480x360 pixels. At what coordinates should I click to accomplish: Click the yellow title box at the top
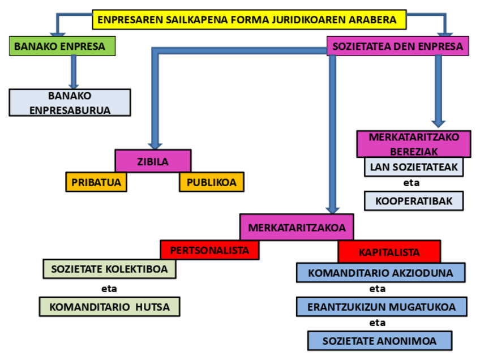click(250, 20)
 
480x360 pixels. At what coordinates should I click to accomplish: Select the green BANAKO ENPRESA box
click(62, 46)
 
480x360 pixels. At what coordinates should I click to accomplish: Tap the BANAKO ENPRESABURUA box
click(70, 102)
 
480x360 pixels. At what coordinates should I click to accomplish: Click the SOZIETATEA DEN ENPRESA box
click(397, 46)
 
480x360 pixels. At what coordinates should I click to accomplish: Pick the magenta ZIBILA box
click(153, 161)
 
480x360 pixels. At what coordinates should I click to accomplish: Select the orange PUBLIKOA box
click(211, 182)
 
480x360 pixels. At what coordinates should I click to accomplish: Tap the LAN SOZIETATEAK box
click(414, 166)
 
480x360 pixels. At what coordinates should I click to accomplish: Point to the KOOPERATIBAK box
click(414, 201)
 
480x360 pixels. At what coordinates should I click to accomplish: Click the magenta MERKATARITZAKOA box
click(297, 228)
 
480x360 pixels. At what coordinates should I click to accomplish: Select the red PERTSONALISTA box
click(209, 249)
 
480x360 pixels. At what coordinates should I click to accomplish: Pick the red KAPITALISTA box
click(389, 252)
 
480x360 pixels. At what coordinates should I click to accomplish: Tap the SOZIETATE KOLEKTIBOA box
click(109, 269)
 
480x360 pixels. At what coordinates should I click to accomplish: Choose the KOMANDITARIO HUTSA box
click(109, 307)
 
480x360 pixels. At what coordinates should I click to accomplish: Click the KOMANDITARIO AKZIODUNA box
click(380, 272)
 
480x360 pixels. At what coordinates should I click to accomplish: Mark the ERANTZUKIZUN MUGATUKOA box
click(380, 306)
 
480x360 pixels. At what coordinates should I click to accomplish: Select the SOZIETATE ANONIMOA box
click(380, 341)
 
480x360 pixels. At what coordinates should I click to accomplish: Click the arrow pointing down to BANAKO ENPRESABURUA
click(72, 72)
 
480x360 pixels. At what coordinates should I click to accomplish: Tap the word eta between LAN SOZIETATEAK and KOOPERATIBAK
click(412, 183)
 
